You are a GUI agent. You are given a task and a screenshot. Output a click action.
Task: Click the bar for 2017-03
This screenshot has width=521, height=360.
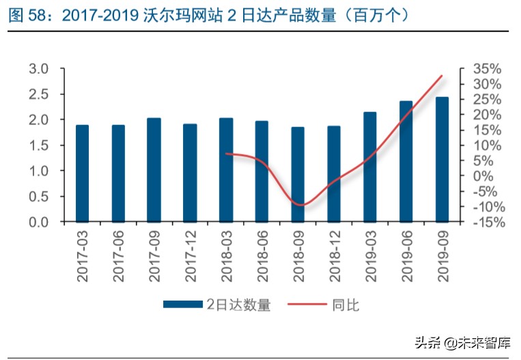pos(82,174)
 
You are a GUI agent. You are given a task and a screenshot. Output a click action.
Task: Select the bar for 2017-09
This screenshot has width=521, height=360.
pos(154,170)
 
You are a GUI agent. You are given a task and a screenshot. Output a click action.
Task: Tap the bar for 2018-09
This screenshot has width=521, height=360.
pos(298,174)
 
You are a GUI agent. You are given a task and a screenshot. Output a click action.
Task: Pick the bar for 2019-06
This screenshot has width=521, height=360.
pos(406,161)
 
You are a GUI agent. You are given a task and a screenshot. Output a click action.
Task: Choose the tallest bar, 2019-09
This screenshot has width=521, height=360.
pos(442,159)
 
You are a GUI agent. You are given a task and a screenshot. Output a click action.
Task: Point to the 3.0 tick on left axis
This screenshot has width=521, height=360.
pos(39,69)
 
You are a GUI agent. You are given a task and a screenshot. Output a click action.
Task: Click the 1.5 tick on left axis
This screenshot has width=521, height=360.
pos(39,146)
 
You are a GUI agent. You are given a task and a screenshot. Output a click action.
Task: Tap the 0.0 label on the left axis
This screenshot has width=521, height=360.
pos(39,222)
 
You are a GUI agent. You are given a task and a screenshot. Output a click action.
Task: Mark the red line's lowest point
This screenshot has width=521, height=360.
pos(300,205)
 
